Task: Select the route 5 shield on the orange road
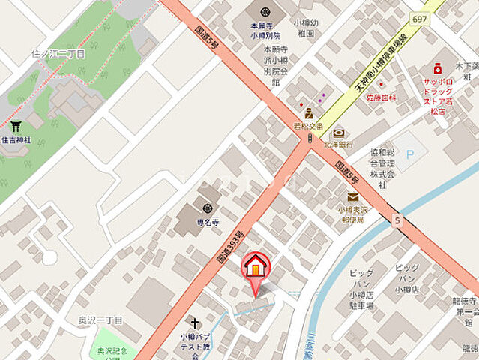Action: (395, 220)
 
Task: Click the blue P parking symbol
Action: (409, 153)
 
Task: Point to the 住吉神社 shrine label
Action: (16, 140)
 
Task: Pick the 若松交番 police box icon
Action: (308, 113)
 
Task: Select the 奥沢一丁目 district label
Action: (100, 320)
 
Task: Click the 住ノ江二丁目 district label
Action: (58, 53)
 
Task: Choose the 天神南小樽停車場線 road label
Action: (381, 65)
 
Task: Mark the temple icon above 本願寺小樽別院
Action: (265, 13)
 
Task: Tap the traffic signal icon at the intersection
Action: (309, 139)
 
